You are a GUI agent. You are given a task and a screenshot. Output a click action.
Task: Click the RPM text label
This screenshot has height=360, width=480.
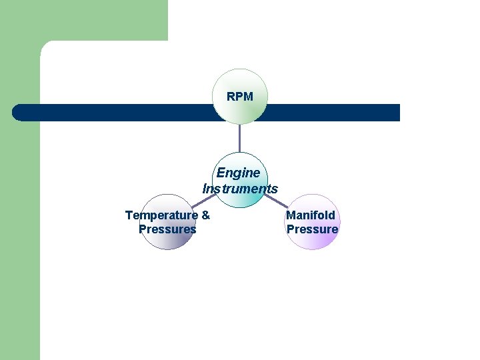coord(240,97)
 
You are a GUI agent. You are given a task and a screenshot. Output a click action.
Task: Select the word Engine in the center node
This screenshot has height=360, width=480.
coord(239,173)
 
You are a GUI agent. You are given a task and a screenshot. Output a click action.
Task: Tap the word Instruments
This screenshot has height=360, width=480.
coord(240,189)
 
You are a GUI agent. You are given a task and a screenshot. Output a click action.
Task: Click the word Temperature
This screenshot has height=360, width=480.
coord(161,215)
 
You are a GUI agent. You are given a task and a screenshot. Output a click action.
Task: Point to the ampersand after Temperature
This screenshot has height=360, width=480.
coord(205,215)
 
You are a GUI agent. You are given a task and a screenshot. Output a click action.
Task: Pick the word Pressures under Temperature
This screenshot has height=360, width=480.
coord(167,229)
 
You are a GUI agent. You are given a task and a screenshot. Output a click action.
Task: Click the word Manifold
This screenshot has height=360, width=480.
coord(311,215)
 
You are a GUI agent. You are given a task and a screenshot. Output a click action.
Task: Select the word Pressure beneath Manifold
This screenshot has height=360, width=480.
coord(312,229)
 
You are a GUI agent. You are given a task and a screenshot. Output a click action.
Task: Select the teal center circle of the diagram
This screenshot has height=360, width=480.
coord(240,200)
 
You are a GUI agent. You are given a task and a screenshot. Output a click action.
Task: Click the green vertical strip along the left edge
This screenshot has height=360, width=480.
coord(20,233)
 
